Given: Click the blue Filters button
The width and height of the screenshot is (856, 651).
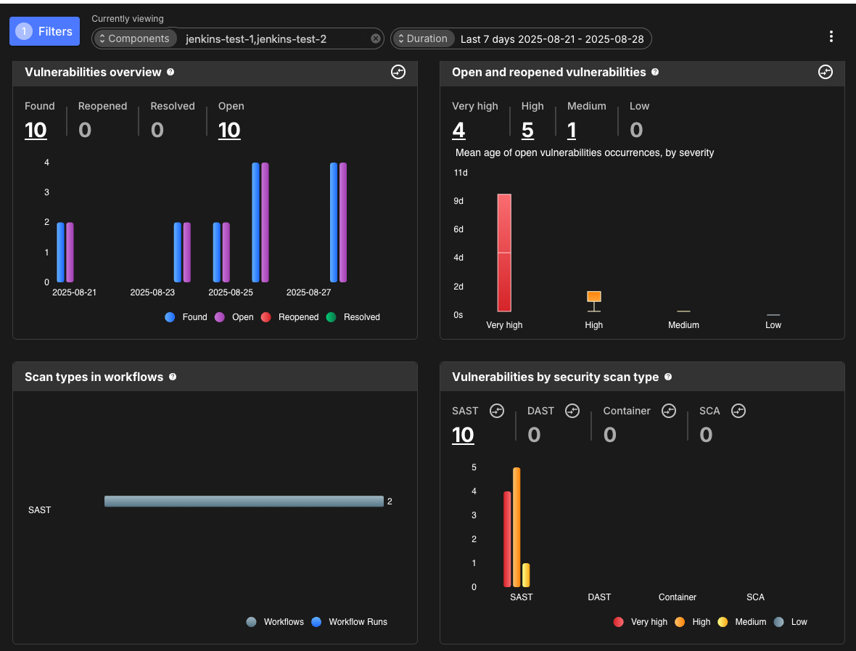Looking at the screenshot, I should click(x=44, y=31).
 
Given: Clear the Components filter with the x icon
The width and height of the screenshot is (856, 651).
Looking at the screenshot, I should click(x=376, y=38).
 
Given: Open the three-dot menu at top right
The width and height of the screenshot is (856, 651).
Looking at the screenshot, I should click(x=831, y=36).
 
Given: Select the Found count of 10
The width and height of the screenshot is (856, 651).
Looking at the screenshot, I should click(x=36, y=130).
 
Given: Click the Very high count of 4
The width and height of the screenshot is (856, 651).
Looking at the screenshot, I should click(x=458, y=130).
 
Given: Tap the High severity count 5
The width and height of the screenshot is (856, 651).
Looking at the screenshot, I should click(x=527, y=130).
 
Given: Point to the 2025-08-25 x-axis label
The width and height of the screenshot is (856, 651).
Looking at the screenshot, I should click(x=231, y=292).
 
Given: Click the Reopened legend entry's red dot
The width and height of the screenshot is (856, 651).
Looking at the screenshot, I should click(x=266, y=317).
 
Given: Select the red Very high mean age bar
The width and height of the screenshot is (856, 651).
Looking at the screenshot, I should click(x=504, y=253).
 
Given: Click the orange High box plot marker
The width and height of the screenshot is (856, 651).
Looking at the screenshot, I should click(x=593, y=296).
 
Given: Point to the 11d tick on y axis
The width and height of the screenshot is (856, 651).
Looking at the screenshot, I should click(x=460, y=173).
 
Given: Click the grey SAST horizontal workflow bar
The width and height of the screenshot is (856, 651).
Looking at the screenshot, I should click(x=244, y=501).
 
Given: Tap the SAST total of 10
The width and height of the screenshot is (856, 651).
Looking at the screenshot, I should click(x=463, y=435).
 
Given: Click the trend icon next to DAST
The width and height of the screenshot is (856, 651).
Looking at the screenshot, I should click(x=572, y=411).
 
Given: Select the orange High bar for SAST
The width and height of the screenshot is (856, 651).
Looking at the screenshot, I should click(x=517, y=527).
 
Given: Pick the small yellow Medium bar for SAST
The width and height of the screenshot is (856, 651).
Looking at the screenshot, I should click(x=526, y=575).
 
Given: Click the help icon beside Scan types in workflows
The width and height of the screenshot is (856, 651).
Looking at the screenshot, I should click(x=173, y=377).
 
